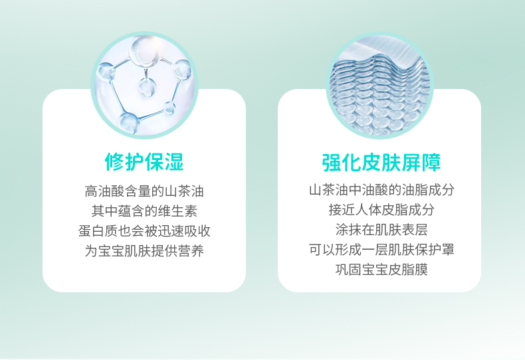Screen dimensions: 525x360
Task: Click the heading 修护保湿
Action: coord(144,162)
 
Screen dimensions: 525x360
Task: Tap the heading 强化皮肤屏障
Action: coord(381,163)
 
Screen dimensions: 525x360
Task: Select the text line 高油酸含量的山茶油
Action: coord(144,191)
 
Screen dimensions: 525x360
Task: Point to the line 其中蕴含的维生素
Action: coord(144,211)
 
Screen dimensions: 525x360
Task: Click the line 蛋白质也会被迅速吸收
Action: coord(144,231)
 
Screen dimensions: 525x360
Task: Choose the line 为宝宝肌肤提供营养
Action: coord(144,250)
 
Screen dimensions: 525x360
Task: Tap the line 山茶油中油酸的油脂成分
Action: coord(381,190)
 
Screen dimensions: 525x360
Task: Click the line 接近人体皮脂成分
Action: coord(381,210)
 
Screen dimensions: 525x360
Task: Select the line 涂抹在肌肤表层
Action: coord(381,230)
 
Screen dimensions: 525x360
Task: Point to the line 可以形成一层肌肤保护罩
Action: coord(381,249)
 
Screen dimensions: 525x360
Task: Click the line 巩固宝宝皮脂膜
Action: coord(381,269)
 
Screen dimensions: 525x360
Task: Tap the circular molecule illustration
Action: coord(145,85)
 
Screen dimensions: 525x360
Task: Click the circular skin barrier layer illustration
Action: coord(380,85)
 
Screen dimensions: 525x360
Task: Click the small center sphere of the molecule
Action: coord(147,87)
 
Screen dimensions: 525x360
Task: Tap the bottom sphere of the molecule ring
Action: coord(129,124)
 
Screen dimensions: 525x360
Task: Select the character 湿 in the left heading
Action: coord(174,162)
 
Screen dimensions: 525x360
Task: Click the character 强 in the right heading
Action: coord(332,163)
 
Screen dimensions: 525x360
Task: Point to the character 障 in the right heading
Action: coord(431,163)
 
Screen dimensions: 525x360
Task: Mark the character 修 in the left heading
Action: coord(114,162)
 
